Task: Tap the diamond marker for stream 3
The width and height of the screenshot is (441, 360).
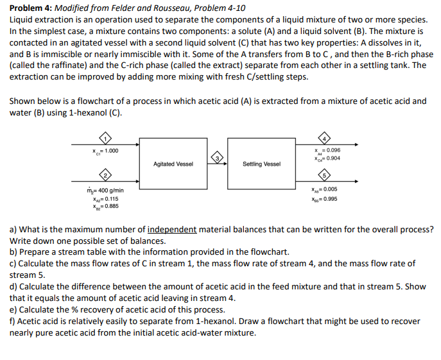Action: [218, 158]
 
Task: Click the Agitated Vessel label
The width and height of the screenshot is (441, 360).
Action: [173, 164]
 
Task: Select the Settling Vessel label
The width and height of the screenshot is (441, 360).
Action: [261, 164]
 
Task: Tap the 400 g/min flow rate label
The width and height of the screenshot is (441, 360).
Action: [110, 191]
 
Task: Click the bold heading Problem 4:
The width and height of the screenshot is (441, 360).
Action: [33, 8]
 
